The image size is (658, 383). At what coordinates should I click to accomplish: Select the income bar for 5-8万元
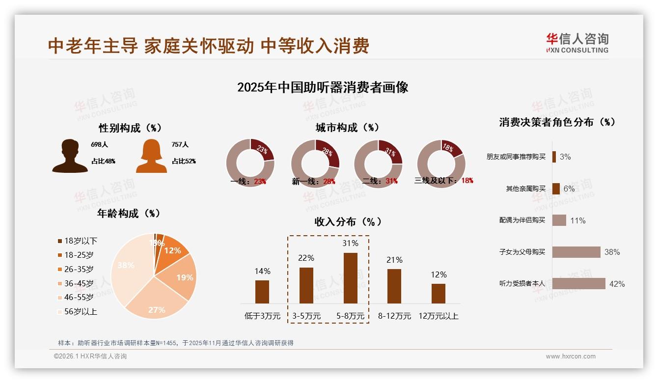(x=350, y=278)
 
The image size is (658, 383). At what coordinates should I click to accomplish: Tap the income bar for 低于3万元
(x=262, y=292)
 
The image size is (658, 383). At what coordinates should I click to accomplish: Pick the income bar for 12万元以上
(x=439, y=293)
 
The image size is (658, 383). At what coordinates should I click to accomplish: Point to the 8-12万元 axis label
(x=394, y=316)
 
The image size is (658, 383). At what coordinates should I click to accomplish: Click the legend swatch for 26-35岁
(x=60, y=269)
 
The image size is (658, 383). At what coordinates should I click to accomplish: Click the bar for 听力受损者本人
(x=578, y=284)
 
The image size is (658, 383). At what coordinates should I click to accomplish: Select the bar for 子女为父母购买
(x=576, y=252)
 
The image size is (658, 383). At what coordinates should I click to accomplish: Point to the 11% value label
(x=577, y=221)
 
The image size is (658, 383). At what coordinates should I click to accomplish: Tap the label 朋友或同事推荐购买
(x=516, y=157)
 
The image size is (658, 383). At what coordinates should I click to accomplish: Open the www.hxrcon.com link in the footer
(x=571, y=356)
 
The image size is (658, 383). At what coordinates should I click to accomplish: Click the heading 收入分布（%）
(x=348, y=222)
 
